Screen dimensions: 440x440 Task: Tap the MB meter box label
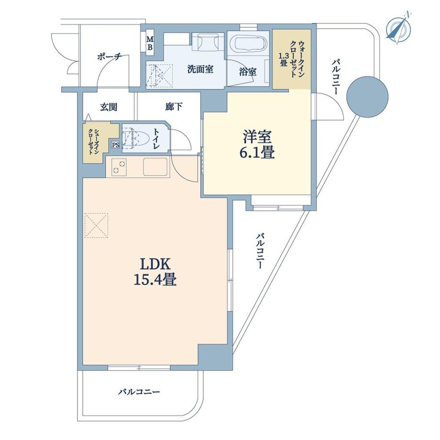150,44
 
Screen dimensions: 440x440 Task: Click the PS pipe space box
115,145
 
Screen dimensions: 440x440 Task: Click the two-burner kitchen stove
119,167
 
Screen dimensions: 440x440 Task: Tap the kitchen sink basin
155,167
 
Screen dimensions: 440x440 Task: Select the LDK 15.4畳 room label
155,272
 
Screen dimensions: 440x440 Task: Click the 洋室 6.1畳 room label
257,145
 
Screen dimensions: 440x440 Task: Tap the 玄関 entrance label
109,107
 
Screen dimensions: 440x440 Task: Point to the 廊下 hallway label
174,107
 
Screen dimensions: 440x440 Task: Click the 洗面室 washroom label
200,69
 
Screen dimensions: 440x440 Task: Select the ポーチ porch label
109,57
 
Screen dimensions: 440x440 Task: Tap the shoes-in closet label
93,142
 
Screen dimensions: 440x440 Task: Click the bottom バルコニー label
139,391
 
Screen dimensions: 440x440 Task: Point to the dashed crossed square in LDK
96,226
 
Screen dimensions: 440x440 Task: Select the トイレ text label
156,139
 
